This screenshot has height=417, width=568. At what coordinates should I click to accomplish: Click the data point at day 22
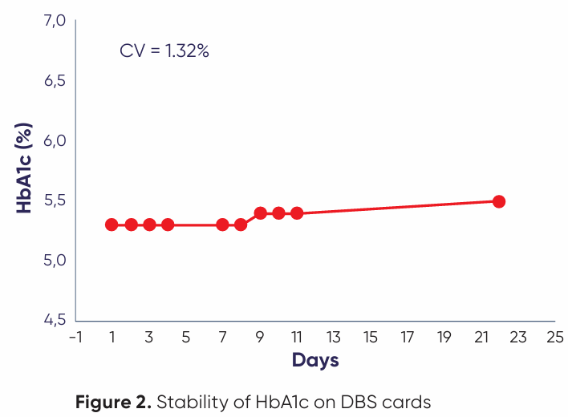(498, 201)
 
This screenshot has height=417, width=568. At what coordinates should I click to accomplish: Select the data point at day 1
(112, 225)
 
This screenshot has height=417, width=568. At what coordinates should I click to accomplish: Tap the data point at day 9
(260, 213)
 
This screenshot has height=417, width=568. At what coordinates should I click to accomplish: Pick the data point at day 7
(223, 225)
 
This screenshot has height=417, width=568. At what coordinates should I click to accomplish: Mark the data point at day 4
(168, 225)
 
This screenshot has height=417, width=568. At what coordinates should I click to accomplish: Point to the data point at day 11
(297, 213)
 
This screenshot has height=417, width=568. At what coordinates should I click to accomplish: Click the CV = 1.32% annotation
(164, 51)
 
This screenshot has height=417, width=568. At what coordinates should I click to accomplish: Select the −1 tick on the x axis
(75, 338)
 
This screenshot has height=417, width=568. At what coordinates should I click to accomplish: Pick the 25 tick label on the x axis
(554, 338)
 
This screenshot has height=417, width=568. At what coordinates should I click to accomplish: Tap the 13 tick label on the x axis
(333, 338)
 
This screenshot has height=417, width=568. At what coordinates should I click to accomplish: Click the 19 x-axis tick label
(444, 338)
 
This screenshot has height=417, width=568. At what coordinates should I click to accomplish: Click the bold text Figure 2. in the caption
(113, 400)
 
